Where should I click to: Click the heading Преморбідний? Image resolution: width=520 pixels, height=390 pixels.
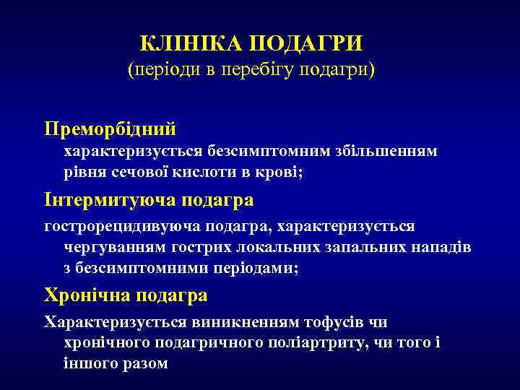pyautogui.click(x=110, y=129)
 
